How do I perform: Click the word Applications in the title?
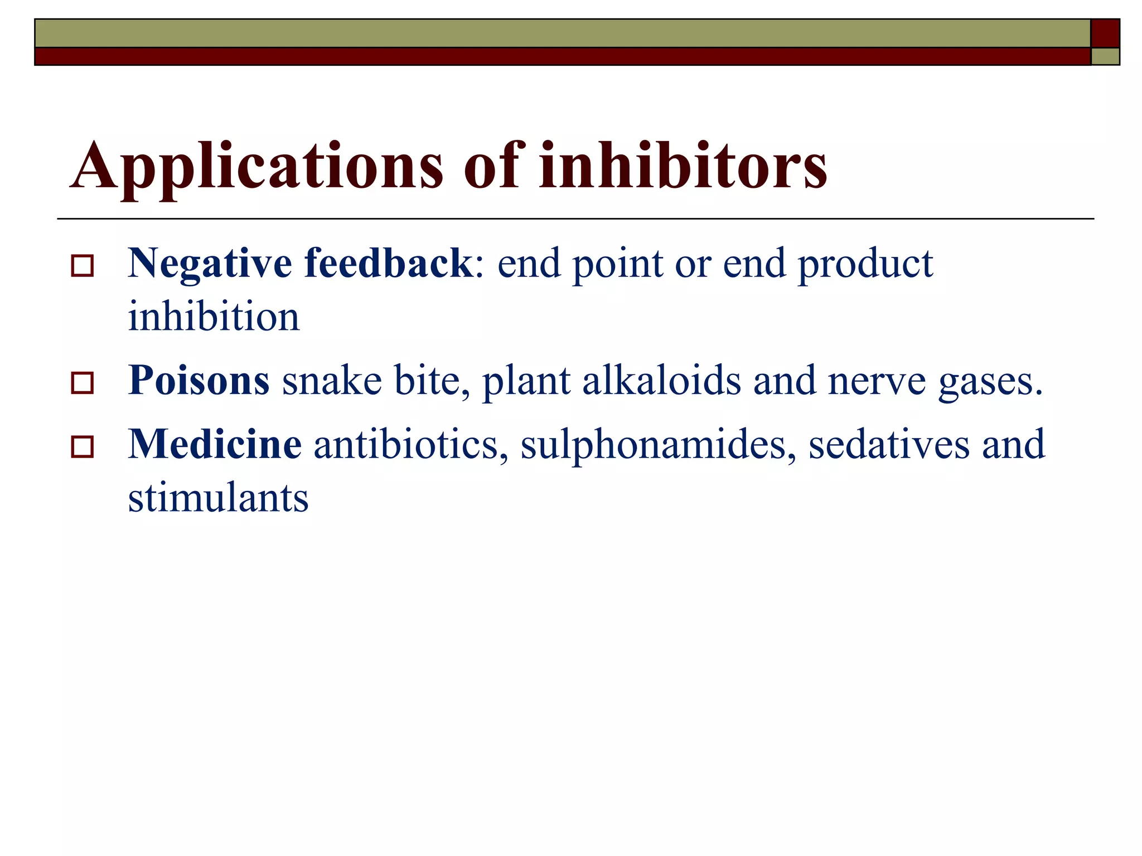[257, 166]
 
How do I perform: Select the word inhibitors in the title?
[683, 166]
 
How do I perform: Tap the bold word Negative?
[210, 264]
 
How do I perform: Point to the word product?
[865, 264]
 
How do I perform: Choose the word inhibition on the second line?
[214, 317]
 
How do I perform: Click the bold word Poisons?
[199, 381]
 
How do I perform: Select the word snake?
[332, 381]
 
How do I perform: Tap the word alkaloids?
[662, 381]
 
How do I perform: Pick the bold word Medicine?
[215, 444]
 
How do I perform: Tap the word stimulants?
[218, 498]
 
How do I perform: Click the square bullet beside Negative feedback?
[83, 266]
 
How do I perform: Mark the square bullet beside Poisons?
[83, 383]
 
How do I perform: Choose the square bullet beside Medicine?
[83, 447]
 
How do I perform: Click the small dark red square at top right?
[1105, 33]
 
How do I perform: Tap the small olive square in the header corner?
[1105, 56]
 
